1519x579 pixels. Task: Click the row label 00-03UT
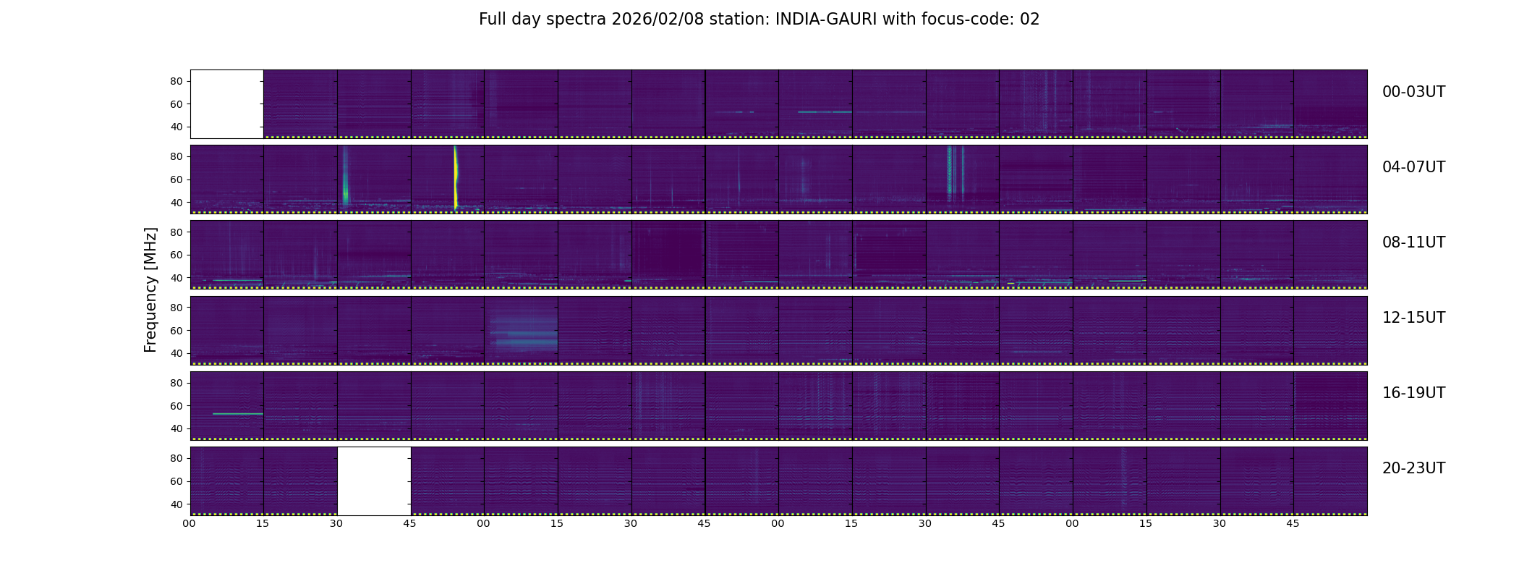coord(1413,92)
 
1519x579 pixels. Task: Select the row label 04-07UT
coord(1413,167)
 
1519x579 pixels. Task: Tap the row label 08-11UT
coord(1413,242)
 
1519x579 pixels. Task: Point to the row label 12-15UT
coord(1413,318)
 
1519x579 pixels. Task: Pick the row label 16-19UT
coord(1413,393)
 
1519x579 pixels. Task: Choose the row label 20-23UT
coord(1413,468)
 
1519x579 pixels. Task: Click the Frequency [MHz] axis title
coord(150,290)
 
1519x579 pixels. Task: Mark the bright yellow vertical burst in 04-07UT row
coord(456,177)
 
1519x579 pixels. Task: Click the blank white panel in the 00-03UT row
coord(227,104)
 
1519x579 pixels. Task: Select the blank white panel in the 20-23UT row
coord(374,481)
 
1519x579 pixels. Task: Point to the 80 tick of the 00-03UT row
coord(176,82)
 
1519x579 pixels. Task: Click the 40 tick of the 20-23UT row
coord(176,504)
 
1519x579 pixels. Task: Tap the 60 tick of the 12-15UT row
coord(176,331)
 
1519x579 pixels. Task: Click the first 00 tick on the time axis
coord(189,524)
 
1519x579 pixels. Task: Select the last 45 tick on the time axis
coord(1293,524)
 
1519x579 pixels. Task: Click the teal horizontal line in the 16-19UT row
coord(238,414)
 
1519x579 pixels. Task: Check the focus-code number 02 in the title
coord(1029,20)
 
